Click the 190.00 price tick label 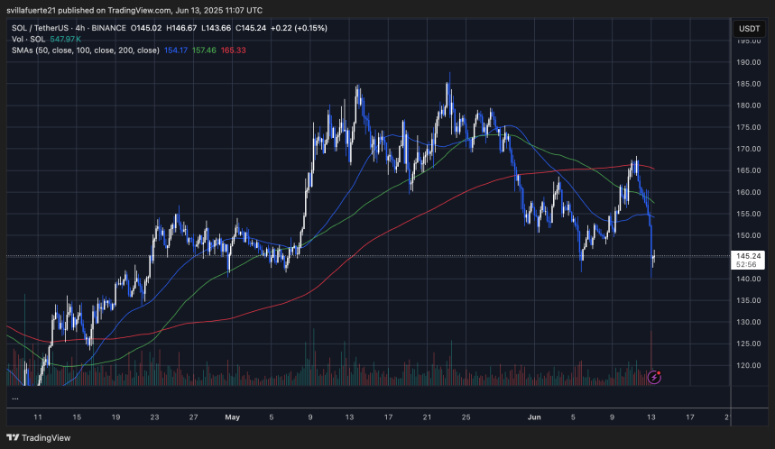click(x=749, y=63)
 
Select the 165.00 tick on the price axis click(x=749, y=170)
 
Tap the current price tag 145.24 click(x=749, y=255)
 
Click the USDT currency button click(x=749, y=28)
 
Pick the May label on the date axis click(x=233, y=418)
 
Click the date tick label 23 click(x=155, y=418)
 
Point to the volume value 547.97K click(x=66, y=40)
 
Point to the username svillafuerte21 click(x=37, y=10)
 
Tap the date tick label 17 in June click(x=690, y=418)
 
